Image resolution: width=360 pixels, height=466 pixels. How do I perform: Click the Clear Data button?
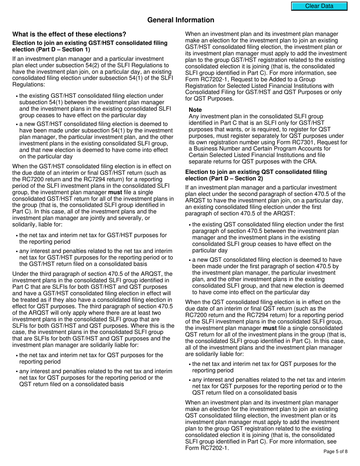tap(319, 6)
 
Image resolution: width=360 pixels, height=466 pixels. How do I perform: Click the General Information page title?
tap(180, 20)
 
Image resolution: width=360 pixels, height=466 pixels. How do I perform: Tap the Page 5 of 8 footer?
tap(335, 451)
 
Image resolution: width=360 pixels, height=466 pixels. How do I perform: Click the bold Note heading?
tap(195, 110)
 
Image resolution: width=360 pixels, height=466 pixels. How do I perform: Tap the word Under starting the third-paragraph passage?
tap(21, 274)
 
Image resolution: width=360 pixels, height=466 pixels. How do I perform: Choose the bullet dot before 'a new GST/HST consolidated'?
tap(17, 125)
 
